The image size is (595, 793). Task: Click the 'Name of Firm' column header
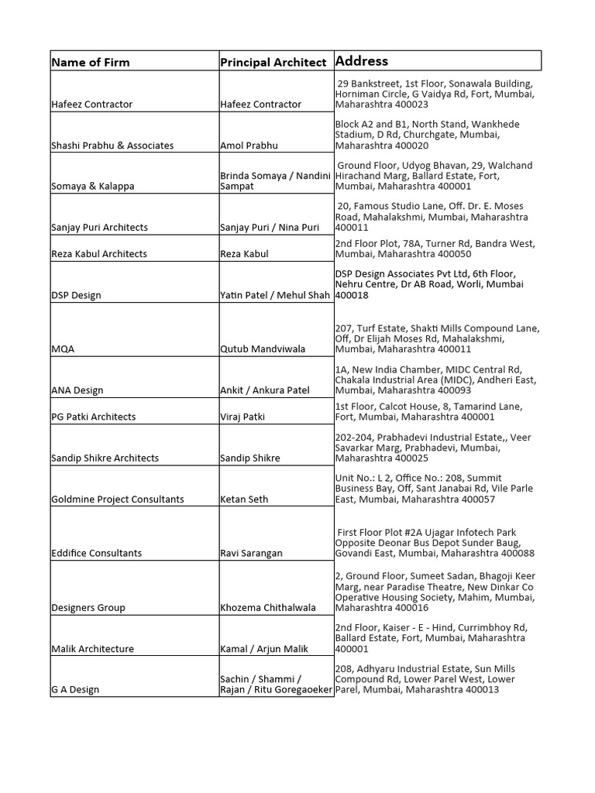point(91,62)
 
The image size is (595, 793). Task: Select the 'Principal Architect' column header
point(273,62)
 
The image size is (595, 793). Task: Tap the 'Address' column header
point(362,60)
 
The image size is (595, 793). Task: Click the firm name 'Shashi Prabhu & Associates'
point(112,146)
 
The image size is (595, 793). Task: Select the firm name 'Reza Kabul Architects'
point(99,254)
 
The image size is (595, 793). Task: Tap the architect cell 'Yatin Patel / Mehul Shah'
point(276,295)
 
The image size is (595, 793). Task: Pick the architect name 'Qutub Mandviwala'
point(263,349)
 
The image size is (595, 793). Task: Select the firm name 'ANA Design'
point(77,390)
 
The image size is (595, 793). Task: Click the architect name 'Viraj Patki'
point(242,417)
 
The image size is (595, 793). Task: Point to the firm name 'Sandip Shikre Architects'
point(105,458)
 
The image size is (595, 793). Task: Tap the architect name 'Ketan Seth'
point(244,499)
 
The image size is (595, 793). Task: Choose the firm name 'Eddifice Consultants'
point(97,554)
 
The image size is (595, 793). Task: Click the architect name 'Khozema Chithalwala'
point(268,608)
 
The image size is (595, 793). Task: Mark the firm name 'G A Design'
point(75,690)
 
